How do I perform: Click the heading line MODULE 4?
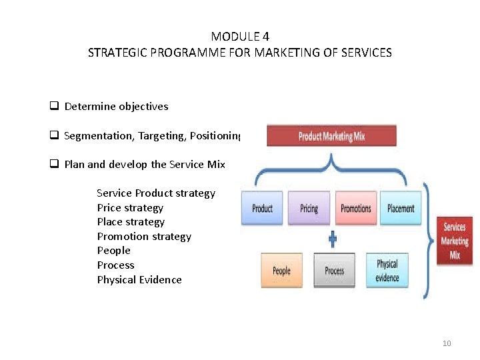(x=240, y=37)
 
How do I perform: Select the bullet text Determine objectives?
(x=116, y=106)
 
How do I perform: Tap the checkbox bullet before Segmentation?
(x=53, y=135)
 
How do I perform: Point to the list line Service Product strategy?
(x=156, y=193)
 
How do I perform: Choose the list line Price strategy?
(x=130, y=208)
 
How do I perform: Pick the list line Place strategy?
(x=131, y=222)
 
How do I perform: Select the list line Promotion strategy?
(x=144, y=237)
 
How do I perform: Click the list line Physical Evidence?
(x=139, y=280)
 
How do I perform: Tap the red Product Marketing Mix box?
(x=331, y=136)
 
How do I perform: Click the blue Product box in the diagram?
(x=262, y=208)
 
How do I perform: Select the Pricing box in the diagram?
(x=309, y=208)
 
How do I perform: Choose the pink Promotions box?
(x=355, y=208)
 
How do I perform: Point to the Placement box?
(x=401, y=208)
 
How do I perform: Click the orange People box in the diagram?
(x=281, y=270)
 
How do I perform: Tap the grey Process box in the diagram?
(x=334, y=270)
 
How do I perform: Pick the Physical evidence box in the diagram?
(x=387, y=270)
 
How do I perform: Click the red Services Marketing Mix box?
(x=455, y=241)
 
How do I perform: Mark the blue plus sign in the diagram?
(x=333, y=238)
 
